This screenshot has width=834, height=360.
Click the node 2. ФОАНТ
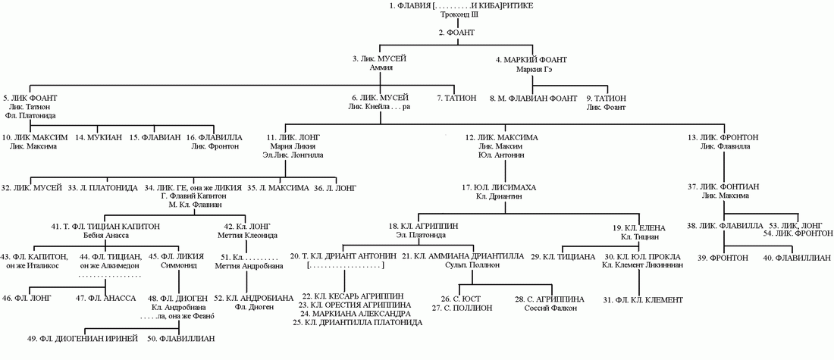click(456, 32)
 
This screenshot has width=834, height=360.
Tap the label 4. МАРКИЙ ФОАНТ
click(535, 58)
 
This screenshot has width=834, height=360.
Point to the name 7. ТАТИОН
click(456, 98)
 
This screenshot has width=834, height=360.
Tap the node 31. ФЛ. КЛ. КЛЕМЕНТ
click(643, 300)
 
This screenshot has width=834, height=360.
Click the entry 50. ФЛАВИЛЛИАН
click(182, 338)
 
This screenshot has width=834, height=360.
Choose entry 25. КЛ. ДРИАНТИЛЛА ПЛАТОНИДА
click(356, 322)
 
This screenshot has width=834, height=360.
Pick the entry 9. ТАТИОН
click(606, 98)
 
